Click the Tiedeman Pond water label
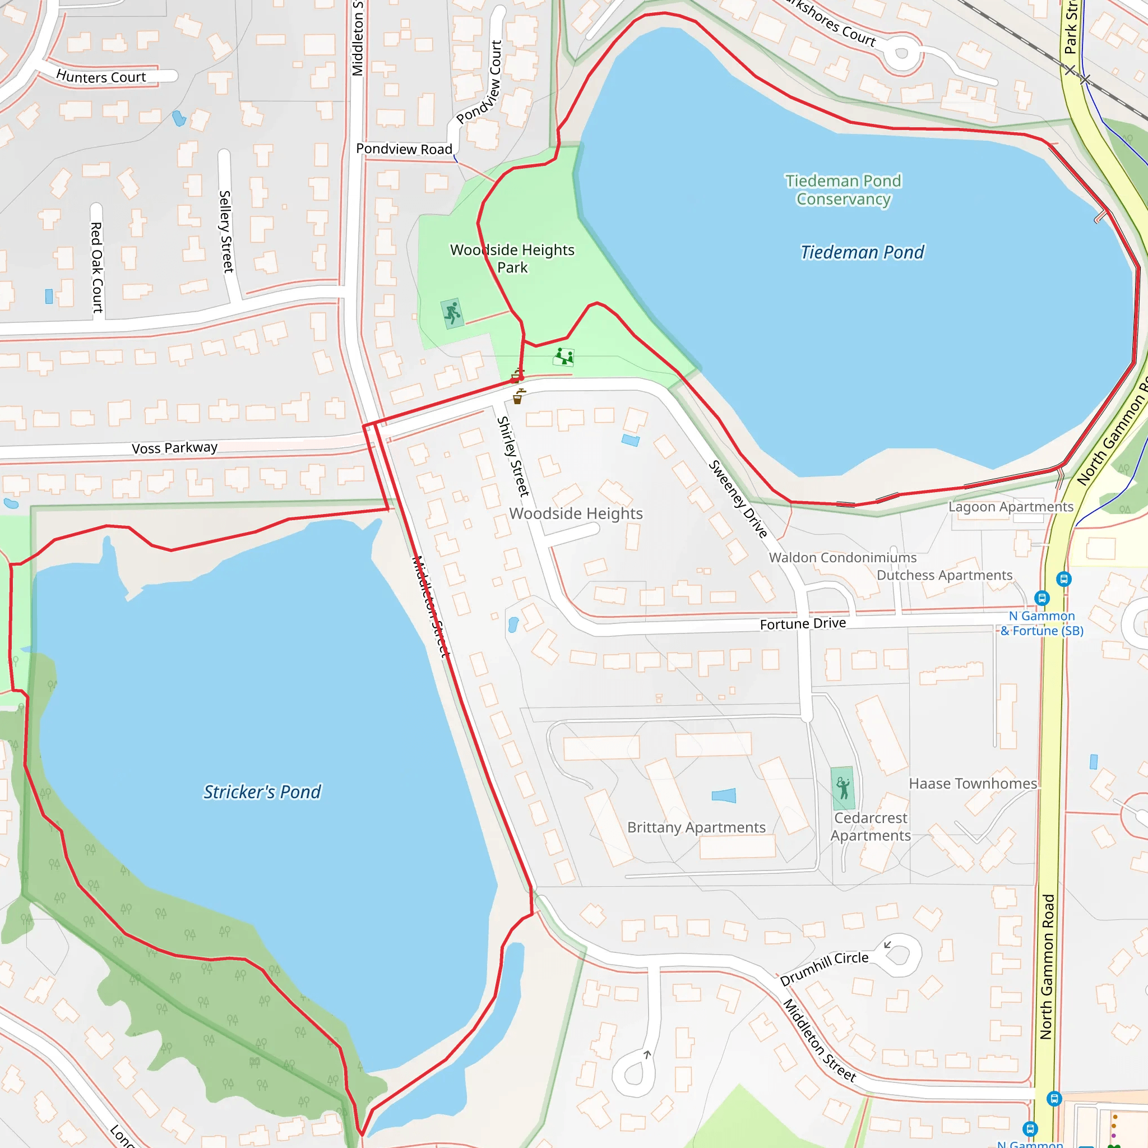click(x=862, y=253)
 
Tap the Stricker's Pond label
click(x=262, y=792)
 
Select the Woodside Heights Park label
click(x=512, y=258)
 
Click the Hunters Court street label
click(x=101, y=77)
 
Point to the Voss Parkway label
click(x=175, y=447)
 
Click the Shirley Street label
click(x=512, y=456)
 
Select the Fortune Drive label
click(x=803, y=623)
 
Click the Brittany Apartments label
click(x=696, y=827)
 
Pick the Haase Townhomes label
click(x=973, y=784)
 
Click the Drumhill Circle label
click(x=824, y=968)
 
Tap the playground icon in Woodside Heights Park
click(x=564, y=357)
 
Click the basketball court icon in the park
click(x=452, y=313)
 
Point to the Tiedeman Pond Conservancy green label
click(x=843, y=189)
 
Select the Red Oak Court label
click(x=96, y=267)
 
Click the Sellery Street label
click(x=226, y=231)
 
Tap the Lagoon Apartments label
click(x=1011, y=507)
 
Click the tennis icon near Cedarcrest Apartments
click(x=843, y=789)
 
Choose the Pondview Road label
click(x=404, y=149)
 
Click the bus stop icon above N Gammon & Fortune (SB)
click(x=1041, y=598)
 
